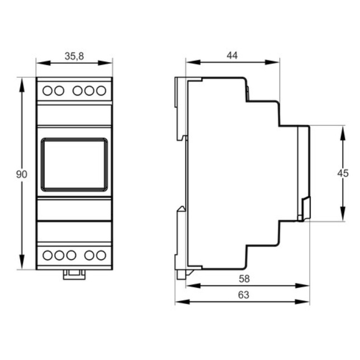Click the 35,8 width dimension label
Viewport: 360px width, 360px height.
point(74,56)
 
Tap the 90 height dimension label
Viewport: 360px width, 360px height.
point(22,174)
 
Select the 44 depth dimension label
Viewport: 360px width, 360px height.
point(232,55)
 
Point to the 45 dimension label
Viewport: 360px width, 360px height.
point(343,173)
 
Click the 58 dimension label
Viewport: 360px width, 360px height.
point(244,279)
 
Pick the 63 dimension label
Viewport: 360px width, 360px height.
point(244,295)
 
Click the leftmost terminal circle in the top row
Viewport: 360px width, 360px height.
point(48,91)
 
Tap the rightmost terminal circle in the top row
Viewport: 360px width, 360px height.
point(101,91)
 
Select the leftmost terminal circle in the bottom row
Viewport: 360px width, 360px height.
point(48,255)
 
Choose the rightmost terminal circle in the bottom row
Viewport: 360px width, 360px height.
point(101,255)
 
